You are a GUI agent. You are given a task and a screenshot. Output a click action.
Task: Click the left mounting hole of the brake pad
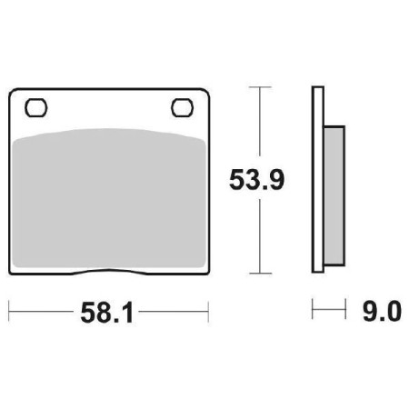(x=37, y=108)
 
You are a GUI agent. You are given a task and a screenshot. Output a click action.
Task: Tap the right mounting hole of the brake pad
(x=181, y=108)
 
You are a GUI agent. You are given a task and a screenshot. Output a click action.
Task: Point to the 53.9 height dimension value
(x=256, y=180)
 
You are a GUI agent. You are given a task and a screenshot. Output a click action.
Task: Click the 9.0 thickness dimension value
(x=382, y=314)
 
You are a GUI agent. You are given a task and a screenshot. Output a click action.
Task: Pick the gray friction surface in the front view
(x=109, y=200)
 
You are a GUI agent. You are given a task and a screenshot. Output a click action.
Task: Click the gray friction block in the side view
(x=333, y=195)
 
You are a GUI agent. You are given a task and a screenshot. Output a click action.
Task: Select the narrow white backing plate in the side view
(x=318, y=182)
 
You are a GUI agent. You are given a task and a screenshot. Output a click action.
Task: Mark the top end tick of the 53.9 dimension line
(x=260, y=88)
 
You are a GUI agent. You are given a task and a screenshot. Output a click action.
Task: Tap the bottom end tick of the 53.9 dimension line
(x=260, y=274)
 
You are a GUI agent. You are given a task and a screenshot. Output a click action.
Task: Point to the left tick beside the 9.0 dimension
(x=314, y=314)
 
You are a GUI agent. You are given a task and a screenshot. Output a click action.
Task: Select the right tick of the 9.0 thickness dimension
(x=344, y=314)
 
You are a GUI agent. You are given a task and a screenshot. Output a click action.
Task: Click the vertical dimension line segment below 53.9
(x=260, y=236)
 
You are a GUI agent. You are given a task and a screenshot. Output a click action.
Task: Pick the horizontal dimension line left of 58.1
(x=41, y=314)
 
